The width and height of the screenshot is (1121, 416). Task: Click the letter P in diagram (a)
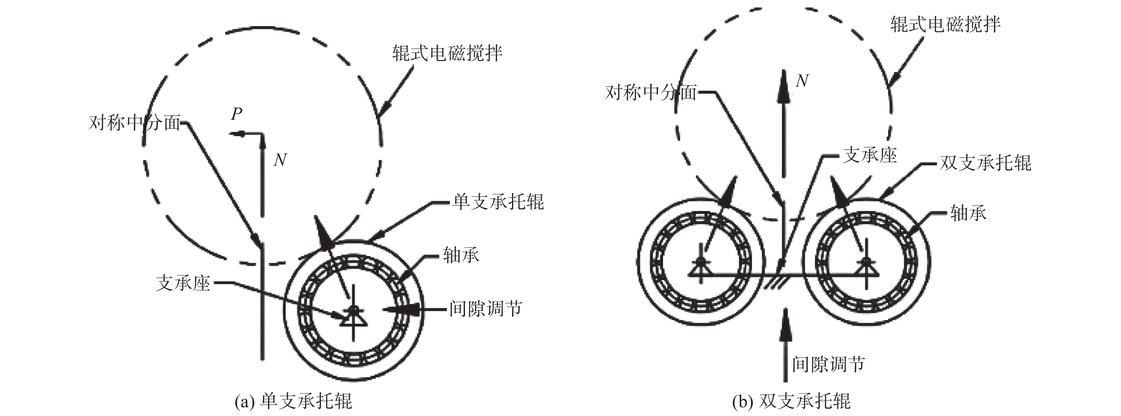237,114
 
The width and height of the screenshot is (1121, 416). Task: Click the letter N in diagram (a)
280,160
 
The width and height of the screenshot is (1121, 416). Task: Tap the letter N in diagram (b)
802,81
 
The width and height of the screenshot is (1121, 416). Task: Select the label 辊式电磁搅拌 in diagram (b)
945,24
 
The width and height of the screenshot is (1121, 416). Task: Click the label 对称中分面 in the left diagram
134,123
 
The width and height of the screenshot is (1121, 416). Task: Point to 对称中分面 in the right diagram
651,93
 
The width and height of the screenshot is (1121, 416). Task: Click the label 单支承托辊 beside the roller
498,202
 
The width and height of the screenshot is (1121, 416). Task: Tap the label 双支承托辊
985,163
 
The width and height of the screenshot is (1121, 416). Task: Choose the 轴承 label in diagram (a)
461,255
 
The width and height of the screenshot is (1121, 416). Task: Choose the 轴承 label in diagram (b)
968,213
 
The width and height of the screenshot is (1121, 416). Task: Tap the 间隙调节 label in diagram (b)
828,364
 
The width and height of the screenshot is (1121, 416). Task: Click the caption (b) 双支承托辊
791,401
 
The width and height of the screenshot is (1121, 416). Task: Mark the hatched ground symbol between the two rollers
776,282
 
